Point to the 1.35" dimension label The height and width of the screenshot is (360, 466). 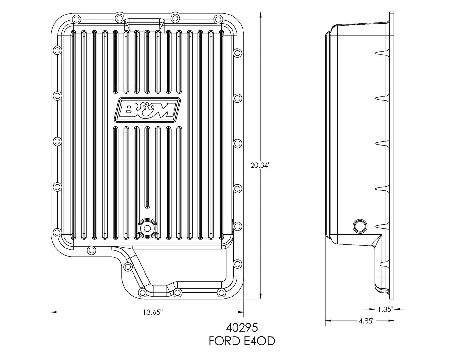tap(385, 310)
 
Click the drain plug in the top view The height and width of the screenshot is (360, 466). tap(147, 228)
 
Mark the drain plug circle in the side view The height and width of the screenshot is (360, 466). tap(359, 226)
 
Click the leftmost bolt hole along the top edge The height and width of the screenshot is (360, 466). tap(119, 17)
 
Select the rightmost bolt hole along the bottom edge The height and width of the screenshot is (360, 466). tap(221, 292)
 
